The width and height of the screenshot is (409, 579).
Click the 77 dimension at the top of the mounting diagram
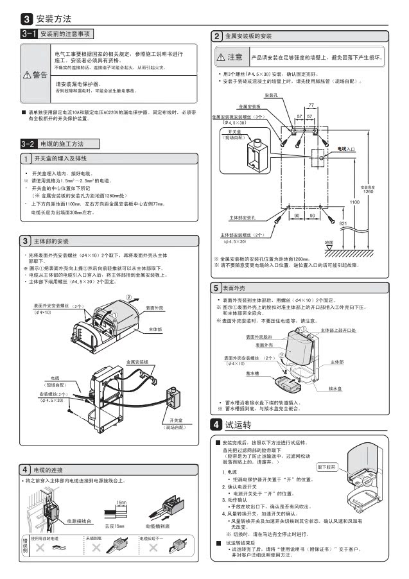311,105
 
